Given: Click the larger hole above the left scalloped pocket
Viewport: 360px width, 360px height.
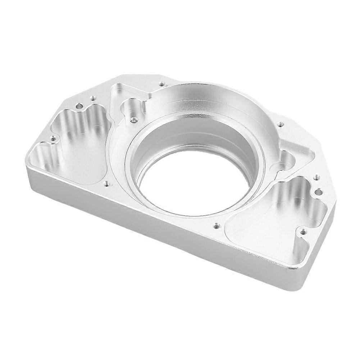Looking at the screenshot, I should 79,106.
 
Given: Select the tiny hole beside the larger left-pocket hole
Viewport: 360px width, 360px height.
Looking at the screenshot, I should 93,97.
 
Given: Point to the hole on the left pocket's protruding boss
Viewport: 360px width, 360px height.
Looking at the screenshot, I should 53,138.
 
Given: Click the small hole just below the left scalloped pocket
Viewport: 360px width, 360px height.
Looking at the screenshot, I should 106,183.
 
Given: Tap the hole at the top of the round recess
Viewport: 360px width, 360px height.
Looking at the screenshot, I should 162,84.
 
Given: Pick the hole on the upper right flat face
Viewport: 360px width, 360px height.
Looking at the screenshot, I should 281,125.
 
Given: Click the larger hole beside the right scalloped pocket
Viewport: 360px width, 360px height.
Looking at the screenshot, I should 318,191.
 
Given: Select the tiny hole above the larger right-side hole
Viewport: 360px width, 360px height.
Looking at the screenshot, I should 316,177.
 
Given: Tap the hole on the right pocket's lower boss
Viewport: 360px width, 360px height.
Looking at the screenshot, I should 303,231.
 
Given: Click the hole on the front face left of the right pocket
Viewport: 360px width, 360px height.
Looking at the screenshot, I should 216,226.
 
